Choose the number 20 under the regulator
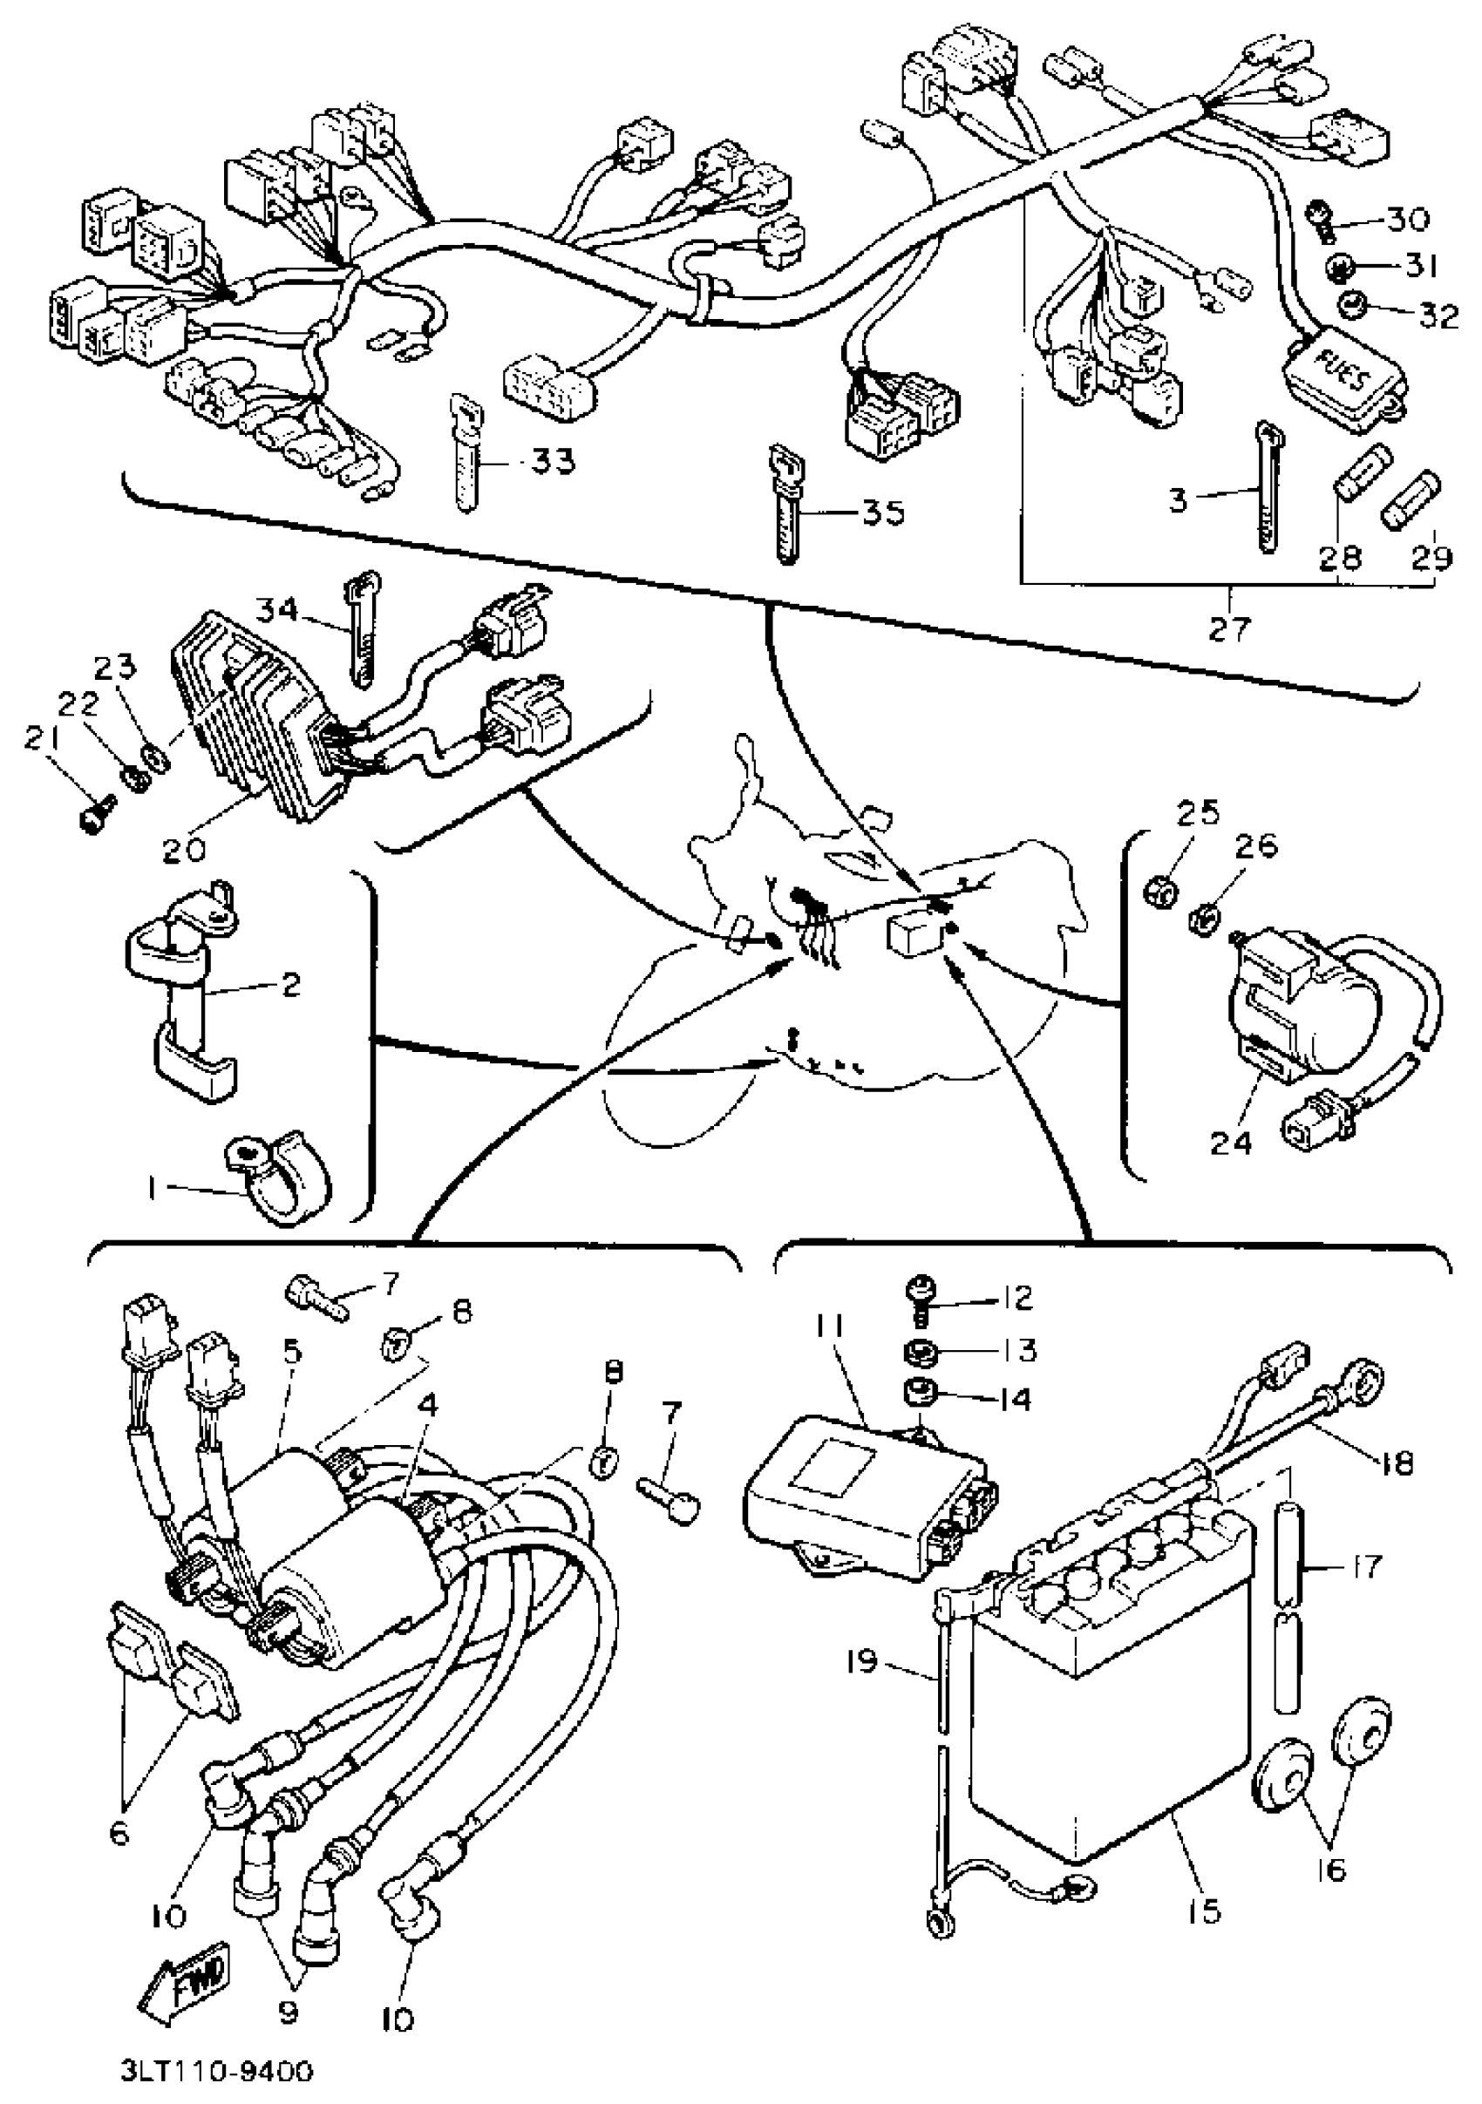pyautogui.click(x=184, y=849)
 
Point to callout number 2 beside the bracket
pyautogui.click(x=289, y=985)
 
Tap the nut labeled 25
pyautogui.click(x=1159, y=888)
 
